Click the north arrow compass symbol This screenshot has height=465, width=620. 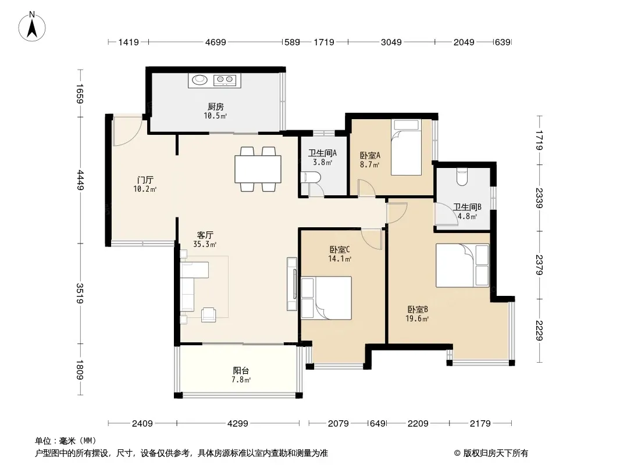(x=32, y=26)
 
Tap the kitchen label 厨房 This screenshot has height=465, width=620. (x=216, y=107)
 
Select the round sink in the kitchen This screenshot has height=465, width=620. (x=199, y=80)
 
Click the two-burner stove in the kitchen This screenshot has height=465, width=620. (x=225, y=80)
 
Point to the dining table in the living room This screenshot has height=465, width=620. (x=258, y=169)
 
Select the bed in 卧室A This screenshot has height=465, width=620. (x=406, y=148)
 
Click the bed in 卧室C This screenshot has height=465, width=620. (x=326, y=298)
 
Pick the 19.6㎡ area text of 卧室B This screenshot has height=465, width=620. (x=417, y=319)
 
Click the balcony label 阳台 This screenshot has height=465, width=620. (x=241, y=371)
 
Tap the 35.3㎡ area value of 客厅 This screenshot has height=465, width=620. (x=204, y=245)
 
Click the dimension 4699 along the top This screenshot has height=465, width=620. (x=216, y=42)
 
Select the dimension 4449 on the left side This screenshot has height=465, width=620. (x=80, y=180)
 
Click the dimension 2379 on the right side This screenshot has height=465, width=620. (x=539, y=264)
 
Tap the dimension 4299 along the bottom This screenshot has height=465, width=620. (x=238, y=424)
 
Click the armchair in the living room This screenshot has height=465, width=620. (x=208, y=315)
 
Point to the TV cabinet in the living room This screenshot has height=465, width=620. (x=292, y=284)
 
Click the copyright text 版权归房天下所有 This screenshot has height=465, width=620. (x=496, y=453)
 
